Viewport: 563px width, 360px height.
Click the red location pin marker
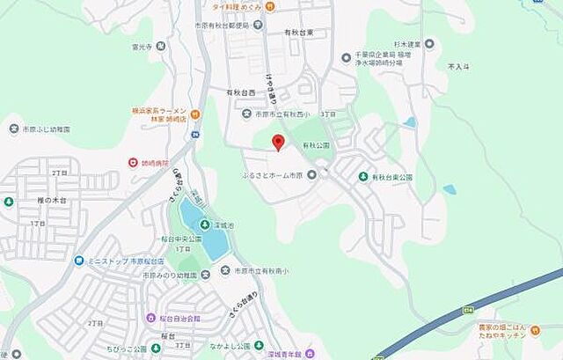[278, 142]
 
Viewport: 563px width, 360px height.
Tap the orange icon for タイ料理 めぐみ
[270, 7]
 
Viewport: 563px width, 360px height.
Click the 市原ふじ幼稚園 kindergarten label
[48, 129]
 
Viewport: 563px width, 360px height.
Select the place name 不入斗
[458, 66]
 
